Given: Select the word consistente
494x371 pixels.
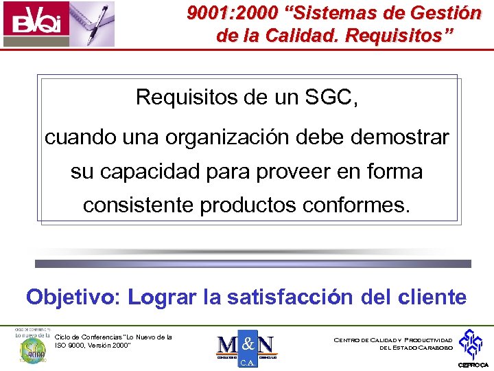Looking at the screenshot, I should coord(138,205).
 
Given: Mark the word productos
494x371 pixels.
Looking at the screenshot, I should coord(250,205).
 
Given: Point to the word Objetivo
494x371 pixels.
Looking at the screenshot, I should coord(71,297).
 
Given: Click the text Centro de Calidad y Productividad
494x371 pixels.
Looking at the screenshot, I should coord(392,340).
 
